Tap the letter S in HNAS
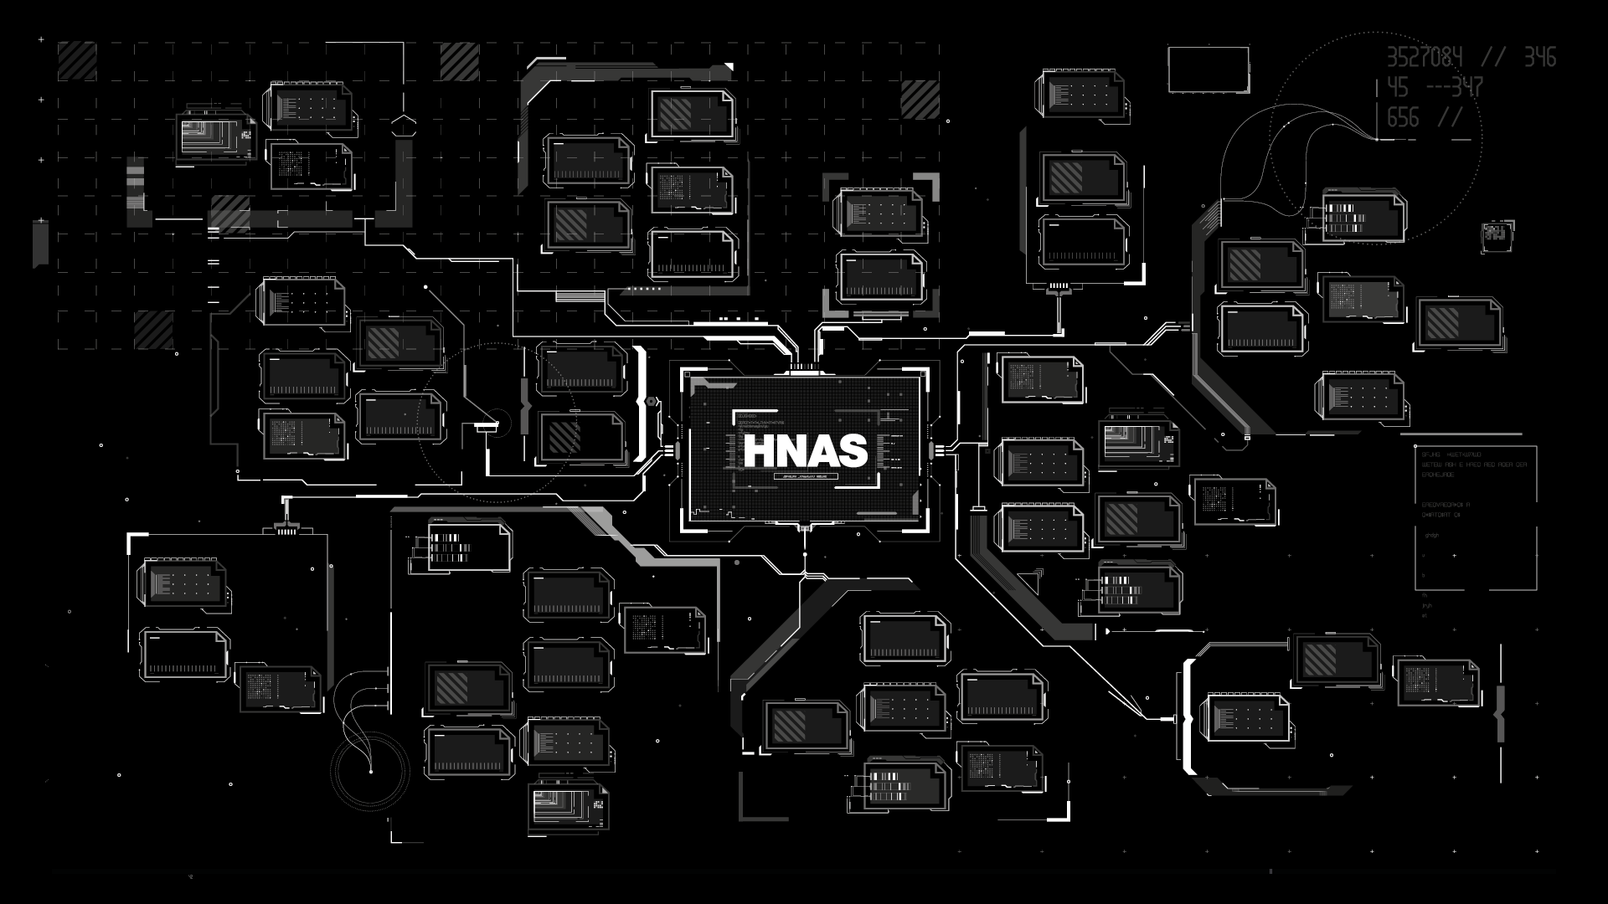(x=851, y=451)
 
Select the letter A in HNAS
(x=820, y=451)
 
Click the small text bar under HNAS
(x=805, y=476)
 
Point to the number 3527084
(x=1425, y=57)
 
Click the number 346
(x=1539, y=57)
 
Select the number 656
(x=1403, y=117)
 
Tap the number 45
(x=1397, y=87)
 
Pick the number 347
(x=1466, y=87)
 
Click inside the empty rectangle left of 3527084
(x=1208, y=69)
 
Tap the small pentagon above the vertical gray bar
(x=404, y=127)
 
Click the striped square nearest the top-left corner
(x=77, y=60)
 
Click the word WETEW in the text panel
(x=1434, y=465)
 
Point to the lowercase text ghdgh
(x=1431, y=536)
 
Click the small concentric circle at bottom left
(x=369, y=771)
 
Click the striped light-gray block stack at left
(x=135, y=184)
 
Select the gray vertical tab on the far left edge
(x=40, y=243)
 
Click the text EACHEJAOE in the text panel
(x=1437, y=475)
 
